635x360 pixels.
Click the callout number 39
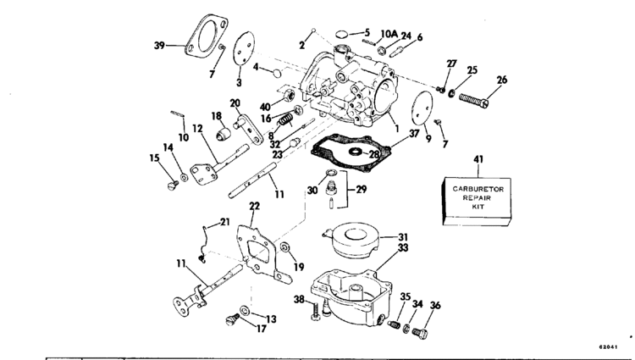point(159,46)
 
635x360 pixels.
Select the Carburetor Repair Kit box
point(476,202)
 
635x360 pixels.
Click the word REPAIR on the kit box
point(477,198)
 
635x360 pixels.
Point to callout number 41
point(478,159)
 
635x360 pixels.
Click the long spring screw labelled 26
point(473,101)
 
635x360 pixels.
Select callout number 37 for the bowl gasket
point(413,133)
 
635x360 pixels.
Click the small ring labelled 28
point(356,152)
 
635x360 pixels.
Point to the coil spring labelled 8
point(285,119)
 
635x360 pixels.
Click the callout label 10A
point(389,34)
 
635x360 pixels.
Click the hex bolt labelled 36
point(419,333)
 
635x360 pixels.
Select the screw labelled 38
point(316,312)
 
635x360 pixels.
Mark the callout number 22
point(254,206)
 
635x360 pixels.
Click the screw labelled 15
point(173,186)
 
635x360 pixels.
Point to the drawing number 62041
point(608,347)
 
